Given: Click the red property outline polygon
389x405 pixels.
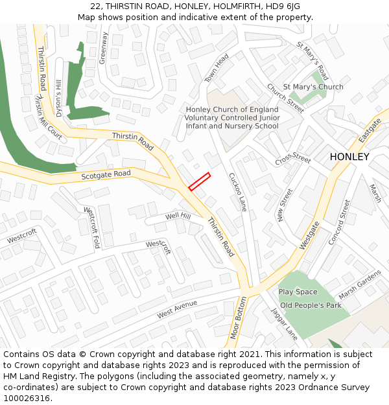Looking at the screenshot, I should pos(200,181).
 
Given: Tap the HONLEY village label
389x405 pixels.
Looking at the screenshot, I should pos(349,157).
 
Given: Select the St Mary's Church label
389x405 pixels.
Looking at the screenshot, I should pos(314,87).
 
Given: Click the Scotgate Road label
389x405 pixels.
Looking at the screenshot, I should pos(106,175).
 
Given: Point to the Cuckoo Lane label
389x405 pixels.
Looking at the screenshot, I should pos(237,192).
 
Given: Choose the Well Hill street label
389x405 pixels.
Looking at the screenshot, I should pos(178,216).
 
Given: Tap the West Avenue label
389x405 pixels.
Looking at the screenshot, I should pos(176,310).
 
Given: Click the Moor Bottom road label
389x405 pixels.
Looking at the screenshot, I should pos(239,318).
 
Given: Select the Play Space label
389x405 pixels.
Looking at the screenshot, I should pos(298,292).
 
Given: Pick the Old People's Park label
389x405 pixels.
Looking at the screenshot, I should pos(311,305).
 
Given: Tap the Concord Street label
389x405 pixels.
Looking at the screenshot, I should pos(338,222).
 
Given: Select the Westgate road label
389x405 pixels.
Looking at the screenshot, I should pos(310,235).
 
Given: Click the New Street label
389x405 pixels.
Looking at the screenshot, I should pos(285,205).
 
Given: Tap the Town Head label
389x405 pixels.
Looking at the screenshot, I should pos(217,67).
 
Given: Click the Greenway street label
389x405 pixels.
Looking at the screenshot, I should pos(103,48).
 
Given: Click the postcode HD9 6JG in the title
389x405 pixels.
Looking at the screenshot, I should pos(282,6).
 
